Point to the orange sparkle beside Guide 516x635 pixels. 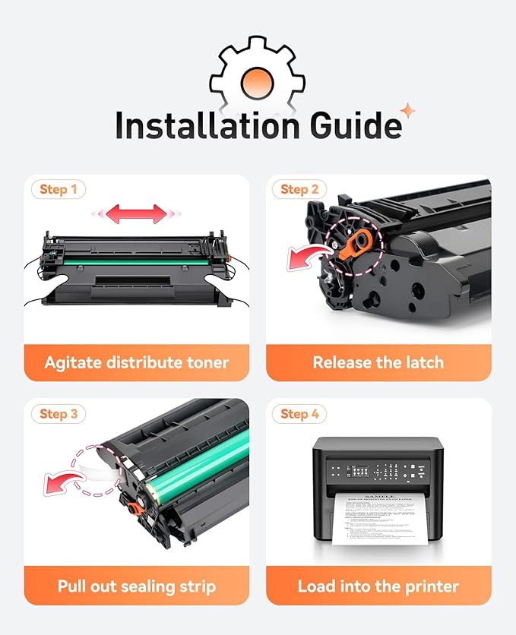[x=409, y=112]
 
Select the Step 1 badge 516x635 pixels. [x=59, y=189]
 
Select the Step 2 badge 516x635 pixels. [x=299, y=189]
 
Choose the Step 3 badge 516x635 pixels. [x=59, y=413]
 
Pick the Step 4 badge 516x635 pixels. [x=299, y=413]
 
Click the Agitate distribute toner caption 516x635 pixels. [x=137, y=362]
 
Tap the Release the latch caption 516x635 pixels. [x=378, y=362]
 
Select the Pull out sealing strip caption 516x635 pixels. [x=137, y=586]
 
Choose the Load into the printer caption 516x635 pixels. [x=378, y=586]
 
